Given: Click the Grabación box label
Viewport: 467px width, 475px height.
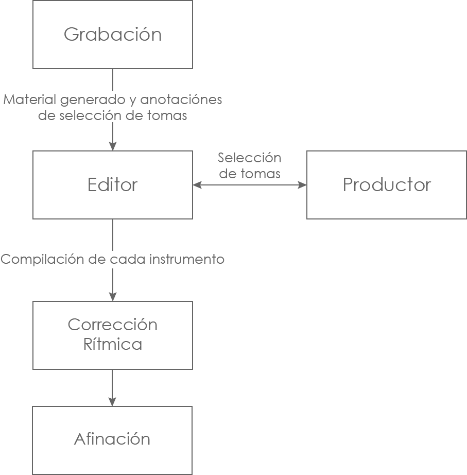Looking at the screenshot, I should (x=113, y=35).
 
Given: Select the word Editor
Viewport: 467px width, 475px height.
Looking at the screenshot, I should (x=113, y=185).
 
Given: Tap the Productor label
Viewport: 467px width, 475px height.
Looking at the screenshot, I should (x=387, y=185).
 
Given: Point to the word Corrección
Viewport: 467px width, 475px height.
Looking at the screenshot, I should (x=113, y=325).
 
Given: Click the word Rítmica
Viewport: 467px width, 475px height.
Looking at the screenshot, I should (x=113, y=344).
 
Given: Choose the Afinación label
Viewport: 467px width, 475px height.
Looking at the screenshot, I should (x=112, y=439).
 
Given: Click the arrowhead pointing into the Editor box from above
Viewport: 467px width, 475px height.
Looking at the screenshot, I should (x=113, y=146).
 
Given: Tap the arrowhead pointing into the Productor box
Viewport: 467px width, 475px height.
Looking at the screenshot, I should (x=302, y=185).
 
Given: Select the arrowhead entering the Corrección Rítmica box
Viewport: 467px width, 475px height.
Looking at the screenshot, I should (x=113, y=296).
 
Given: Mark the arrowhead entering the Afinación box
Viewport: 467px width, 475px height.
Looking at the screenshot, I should (x=113, y=401).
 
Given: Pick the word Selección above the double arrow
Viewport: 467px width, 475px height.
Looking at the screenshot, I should (x=250, y=158).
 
